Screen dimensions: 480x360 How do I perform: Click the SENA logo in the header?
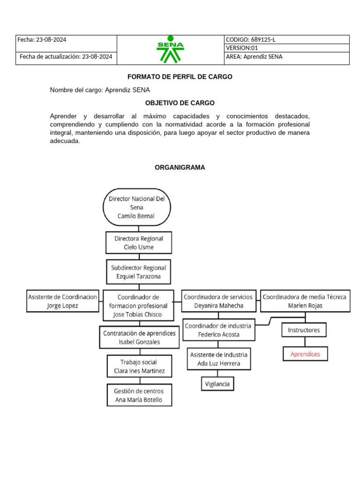pos(170,49)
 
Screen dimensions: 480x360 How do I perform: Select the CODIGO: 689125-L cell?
pos(286,39)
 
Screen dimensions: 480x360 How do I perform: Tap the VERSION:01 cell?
pos(286,48)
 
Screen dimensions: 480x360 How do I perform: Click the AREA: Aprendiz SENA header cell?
pos(286,57)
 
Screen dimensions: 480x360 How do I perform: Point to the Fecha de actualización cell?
pos(66,57)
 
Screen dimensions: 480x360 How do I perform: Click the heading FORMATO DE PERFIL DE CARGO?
pos(180,77)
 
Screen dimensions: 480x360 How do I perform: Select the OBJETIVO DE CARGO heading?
pos(180,103)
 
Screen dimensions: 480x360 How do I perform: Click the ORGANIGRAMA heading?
pos(180,167)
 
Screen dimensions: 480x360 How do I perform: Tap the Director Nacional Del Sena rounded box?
pos(136,207)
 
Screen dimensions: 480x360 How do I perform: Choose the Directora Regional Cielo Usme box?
pos(138,243)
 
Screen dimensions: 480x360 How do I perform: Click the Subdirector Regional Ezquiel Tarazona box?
pos(138,272)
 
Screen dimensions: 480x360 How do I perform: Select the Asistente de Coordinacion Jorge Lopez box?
pos(63,301)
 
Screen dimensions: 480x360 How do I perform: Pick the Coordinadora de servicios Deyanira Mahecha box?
pos(218,301)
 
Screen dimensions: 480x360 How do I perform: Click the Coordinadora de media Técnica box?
pos(305,301)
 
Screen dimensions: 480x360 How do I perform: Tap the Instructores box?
pos(304,330)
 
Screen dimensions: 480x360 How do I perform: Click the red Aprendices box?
pos(305,354)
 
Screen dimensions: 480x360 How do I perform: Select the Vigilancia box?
pos(217,384)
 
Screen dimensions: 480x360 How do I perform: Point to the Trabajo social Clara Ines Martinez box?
pos(139,367)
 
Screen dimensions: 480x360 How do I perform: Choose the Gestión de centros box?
pos(139,395)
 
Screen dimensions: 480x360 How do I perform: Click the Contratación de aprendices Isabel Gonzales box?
pos(139,337)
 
